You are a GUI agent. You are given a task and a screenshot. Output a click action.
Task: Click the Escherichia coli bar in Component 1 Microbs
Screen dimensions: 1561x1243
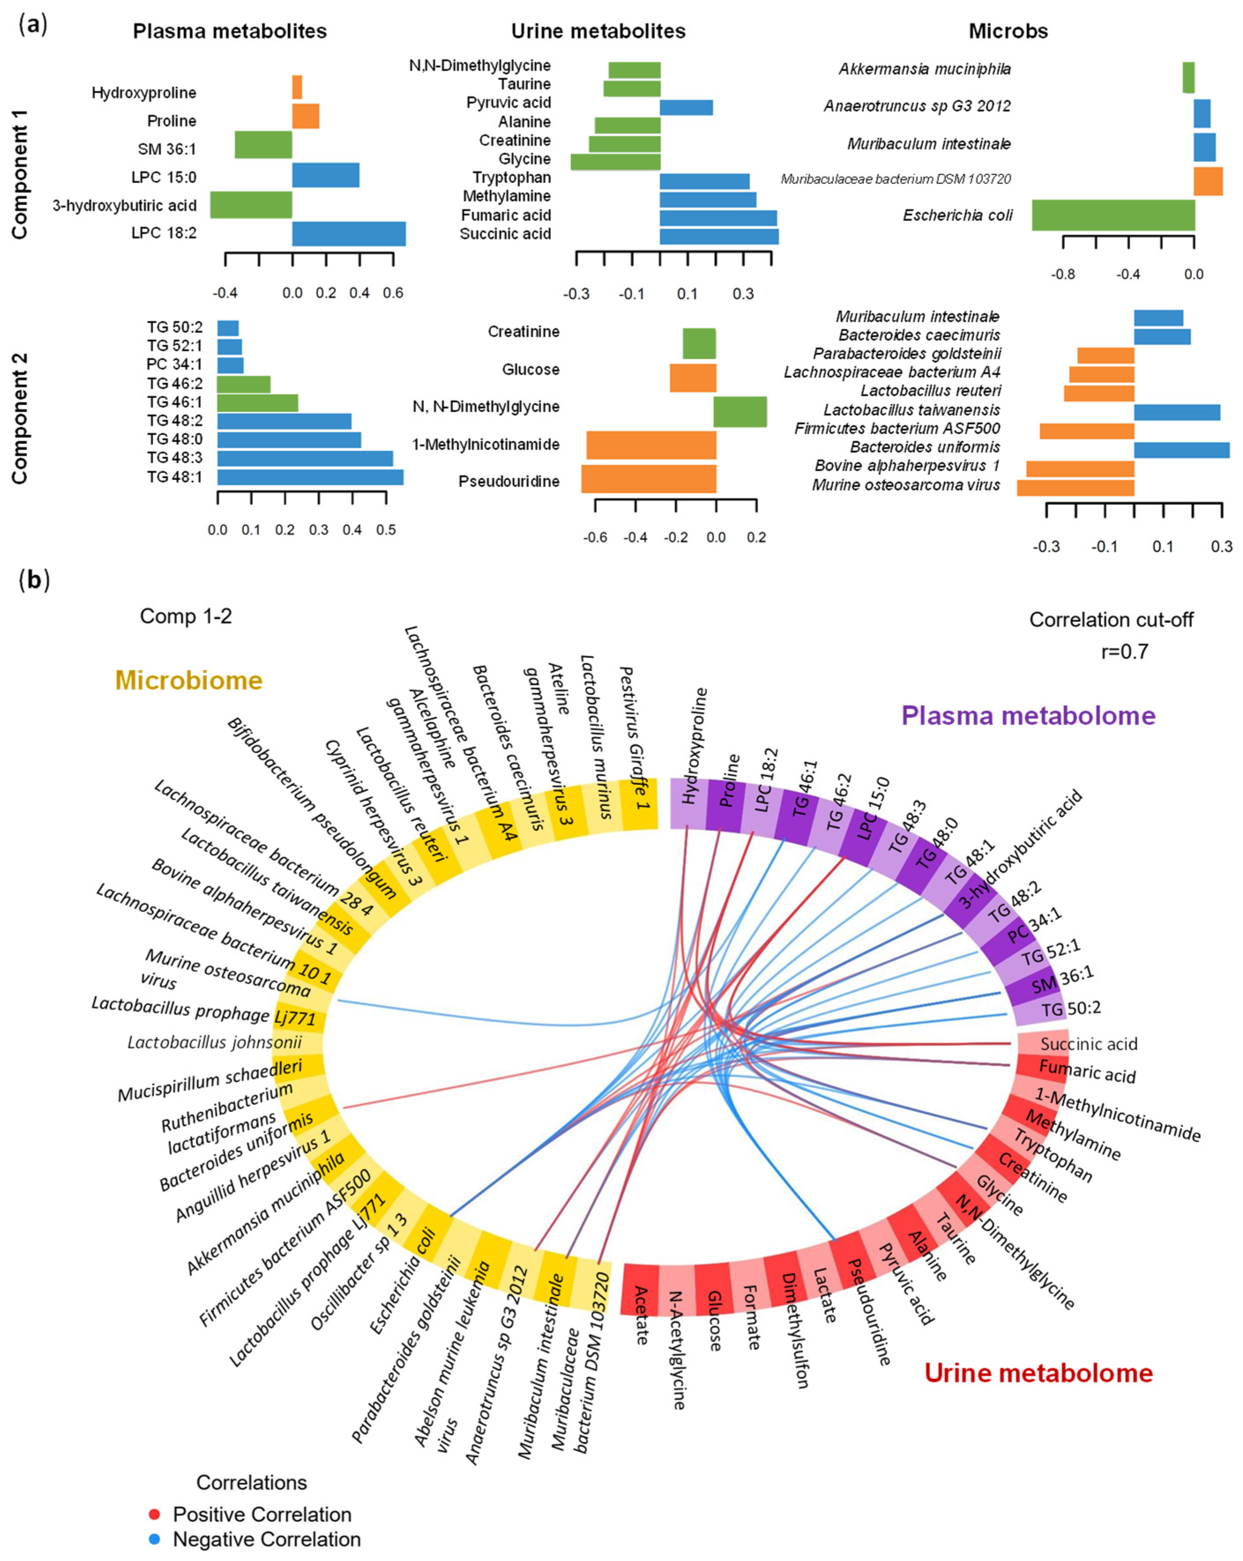point(1113,215)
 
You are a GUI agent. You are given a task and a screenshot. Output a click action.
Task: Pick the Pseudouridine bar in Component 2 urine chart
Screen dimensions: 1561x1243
point(649,479)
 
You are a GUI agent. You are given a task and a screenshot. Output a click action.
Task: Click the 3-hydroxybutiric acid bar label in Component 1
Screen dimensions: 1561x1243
point(124,206)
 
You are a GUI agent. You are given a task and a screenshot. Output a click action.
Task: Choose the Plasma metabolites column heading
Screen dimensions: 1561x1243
point(230,31)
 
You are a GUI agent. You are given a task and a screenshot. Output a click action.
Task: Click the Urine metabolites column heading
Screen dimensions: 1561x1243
point(598,31)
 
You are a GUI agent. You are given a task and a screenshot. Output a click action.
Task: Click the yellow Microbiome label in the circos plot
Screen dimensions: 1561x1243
point(188,680)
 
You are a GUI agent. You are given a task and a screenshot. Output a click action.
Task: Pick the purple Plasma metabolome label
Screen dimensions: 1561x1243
point(1027,715)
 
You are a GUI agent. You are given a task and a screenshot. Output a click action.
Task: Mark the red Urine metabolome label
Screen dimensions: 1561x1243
point(1038,1373)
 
